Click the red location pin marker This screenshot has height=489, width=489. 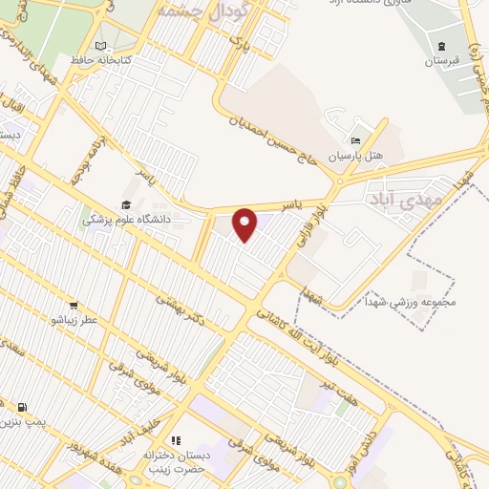(246, 225)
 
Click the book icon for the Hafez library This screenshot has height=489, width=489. (101, 45)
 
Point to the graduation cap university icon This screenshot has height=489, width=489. (126, 204)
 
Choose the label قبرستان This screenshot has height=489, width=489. (441, 60)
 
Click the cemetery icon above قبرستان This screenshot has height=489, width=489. (441, 46)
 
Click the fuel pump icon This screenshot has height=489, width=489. (22, 407)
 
